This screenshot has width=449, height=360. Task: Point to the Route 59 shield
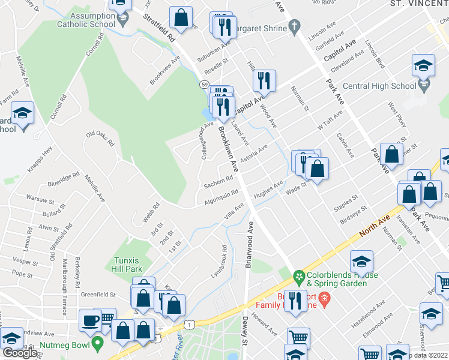(205, 85)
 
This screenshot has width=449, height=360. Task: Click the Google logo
(20, 353)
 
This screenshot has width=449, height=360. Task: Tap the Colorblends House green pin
(299, 277)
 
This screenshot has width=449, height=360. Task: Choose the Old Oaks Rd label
(100, 139)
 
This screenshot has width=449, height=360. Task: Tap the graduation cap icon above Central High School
(423, 65)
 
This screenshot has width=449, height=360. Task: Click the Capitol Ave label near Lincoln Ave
(339, 52)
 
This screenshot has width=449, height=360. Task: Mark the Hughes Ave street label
(268, 191)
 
